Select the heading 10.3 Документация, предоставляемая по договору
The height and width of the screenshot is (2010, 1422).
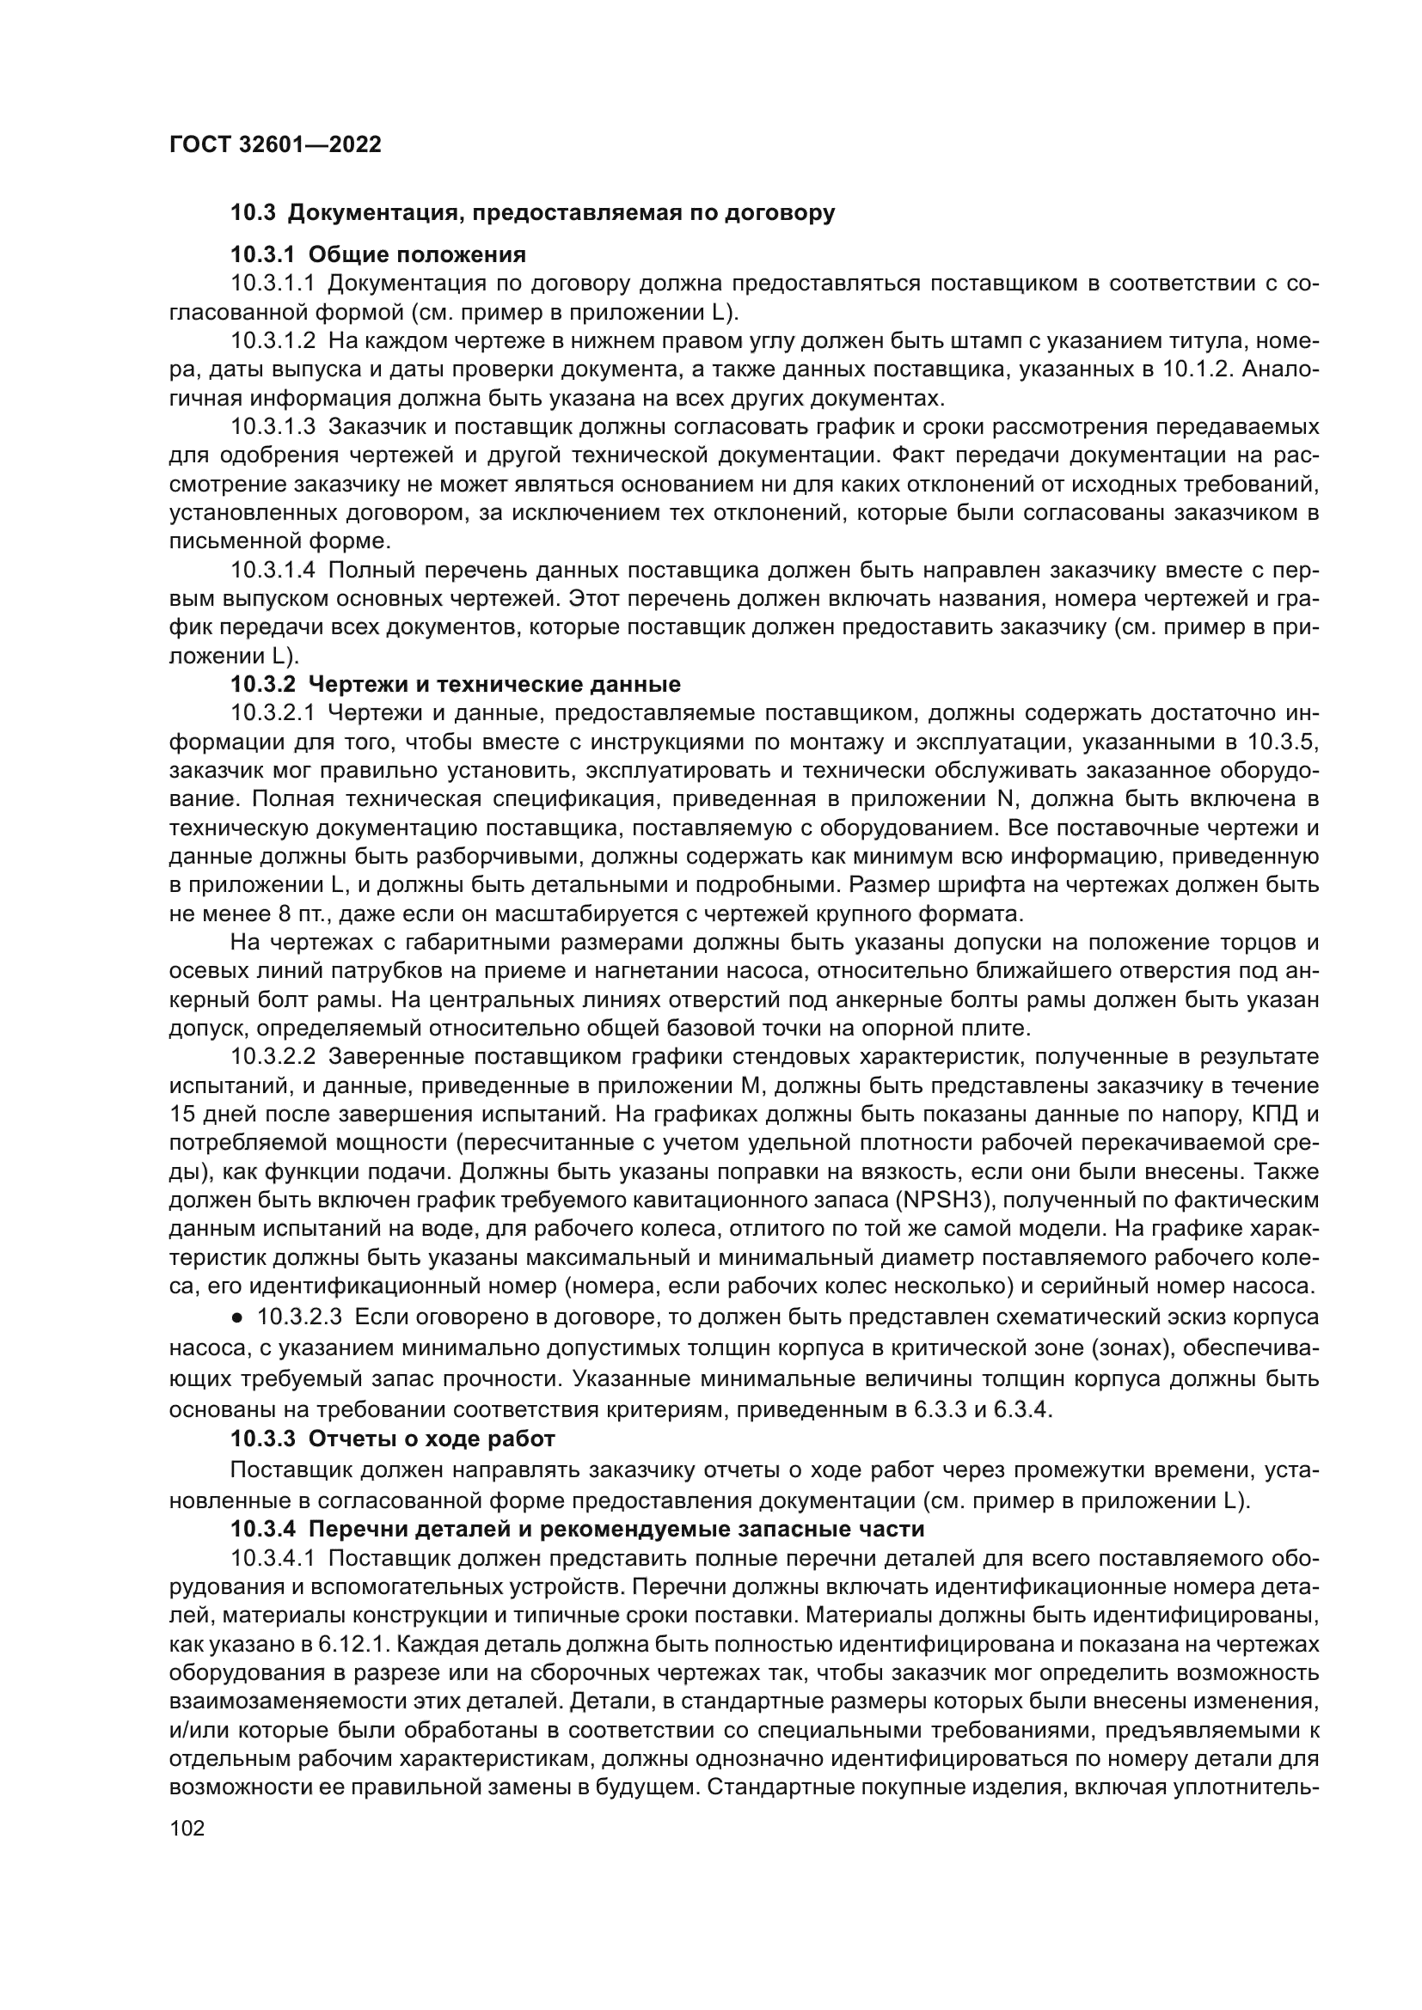(x=532, y=213)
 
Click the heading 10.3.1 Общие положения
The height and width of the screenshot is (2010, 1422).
(x=378, y=254)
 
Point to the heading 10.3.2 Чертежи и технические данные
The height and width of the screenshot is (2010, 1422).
(x=456, y=684)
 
